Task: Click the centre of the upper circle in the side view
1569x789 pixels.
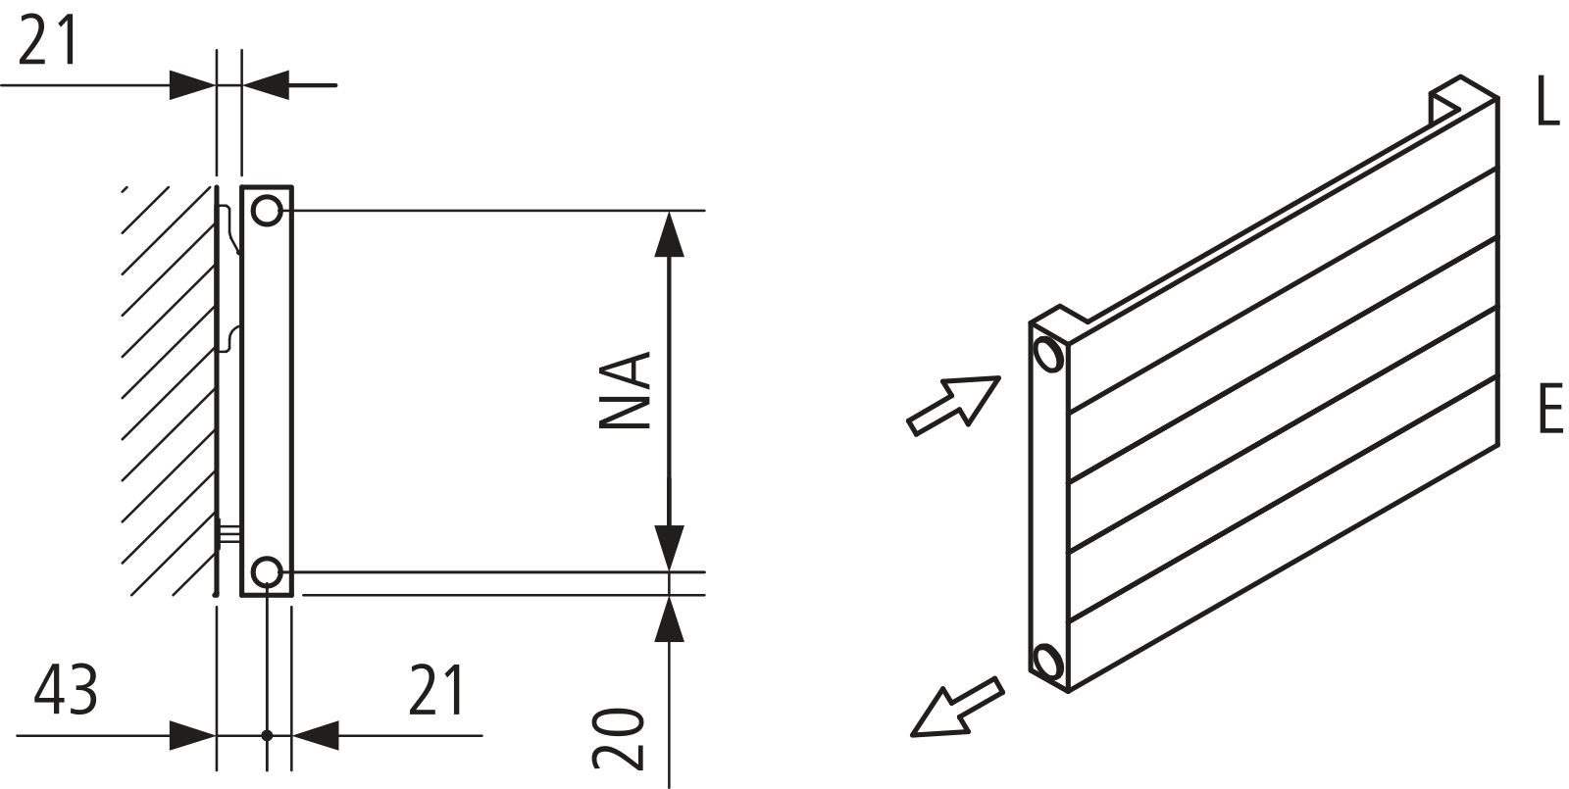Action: [x=266, y=210]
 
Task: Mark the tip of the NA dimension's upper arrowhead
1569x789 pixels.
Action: [x=671, y=212]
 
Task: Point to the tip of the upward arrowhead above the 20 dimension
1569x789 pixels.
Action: [x=671, y=596]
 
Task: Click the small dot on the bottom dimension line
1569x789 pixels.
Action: [x=267, y=735]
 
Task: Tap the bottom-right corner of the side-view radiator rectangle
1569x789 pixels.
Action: [x=292, y=596]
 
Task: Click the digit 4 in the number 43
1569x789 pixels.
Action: [x=49, y=690]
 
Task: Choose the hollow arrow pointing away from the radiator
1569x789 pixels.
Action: [x=957, y=708]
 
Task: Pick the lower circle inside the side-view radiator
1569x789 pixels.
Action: [x=266, y=572]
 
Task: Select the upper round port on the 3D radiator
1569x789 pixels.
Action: [x=1048, y=354]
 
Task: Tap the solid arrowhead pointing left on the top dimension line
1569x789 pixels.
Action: [x=266, y=84]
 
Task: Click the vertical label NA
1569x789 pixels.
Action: [x=626, y=390]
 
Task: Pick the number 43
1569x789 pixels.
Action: [x=66, y=690]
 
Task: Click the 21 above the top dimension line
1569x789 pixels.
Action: [x=47, y=40]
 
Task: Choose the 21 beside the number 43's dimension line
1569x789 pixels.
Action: [x=436, y=690]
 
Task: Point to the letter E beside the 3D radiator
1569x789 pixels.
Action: [x=1550, y=408]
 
